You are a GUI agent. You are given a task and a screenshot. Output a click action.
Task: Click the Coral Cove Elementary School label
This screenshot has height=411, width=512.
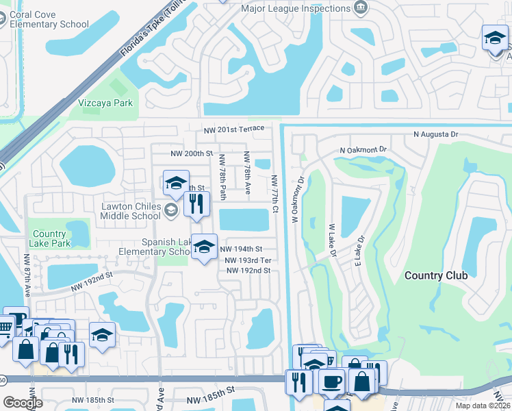tap(49, 18)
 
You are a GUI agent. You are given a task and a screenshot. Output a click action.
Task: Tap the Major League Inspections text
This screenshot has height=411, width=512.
tap(296, 9)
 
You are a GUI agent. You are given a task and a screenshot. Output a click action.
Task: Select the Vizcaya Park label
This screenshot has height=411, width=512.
tap(105, 103)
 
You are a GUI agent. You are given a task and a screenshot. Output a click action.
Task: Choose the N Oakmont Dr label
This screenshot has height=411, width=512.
tap(363, 149)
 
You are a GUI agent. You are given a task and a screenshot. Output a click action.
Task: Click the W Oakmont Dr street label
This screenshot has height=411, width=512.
tap(297, 202)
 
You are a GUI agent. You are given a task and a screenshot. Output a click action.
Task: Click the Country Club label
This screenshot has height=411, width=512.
tap(436, 275)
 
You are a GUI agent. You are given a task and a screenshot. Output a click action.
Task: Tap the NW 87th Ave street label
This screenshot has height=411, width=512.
tap(27, 275)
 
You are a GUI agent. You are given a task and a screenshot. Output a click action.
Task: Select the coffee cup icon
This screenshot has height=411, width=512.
tap(333, 381)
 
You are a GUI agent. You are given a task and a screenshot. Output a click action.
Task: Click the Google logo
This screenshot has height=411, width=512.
tap(23, 403)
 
